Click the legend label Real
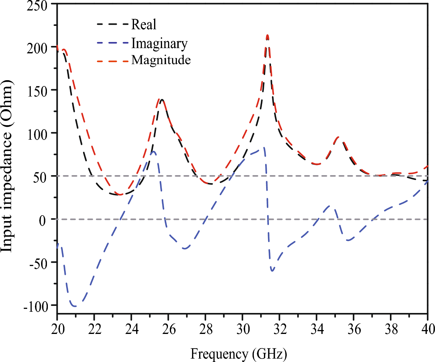click(144, 24)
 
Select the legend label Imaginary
click(159, 43)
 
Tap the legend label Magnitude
click(161, 60)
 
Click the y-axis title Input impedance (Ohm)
click(7, 167)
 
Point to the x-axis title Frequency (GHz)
click(238, 354)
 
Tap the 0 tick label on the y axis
click(42, 220)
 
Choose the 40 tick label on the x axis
click(428, 329)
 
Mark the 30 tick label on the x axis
click(243, 329)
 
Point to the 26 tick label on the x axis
click(169, 329)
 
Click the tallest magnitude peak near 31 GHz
click(267, 35)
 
